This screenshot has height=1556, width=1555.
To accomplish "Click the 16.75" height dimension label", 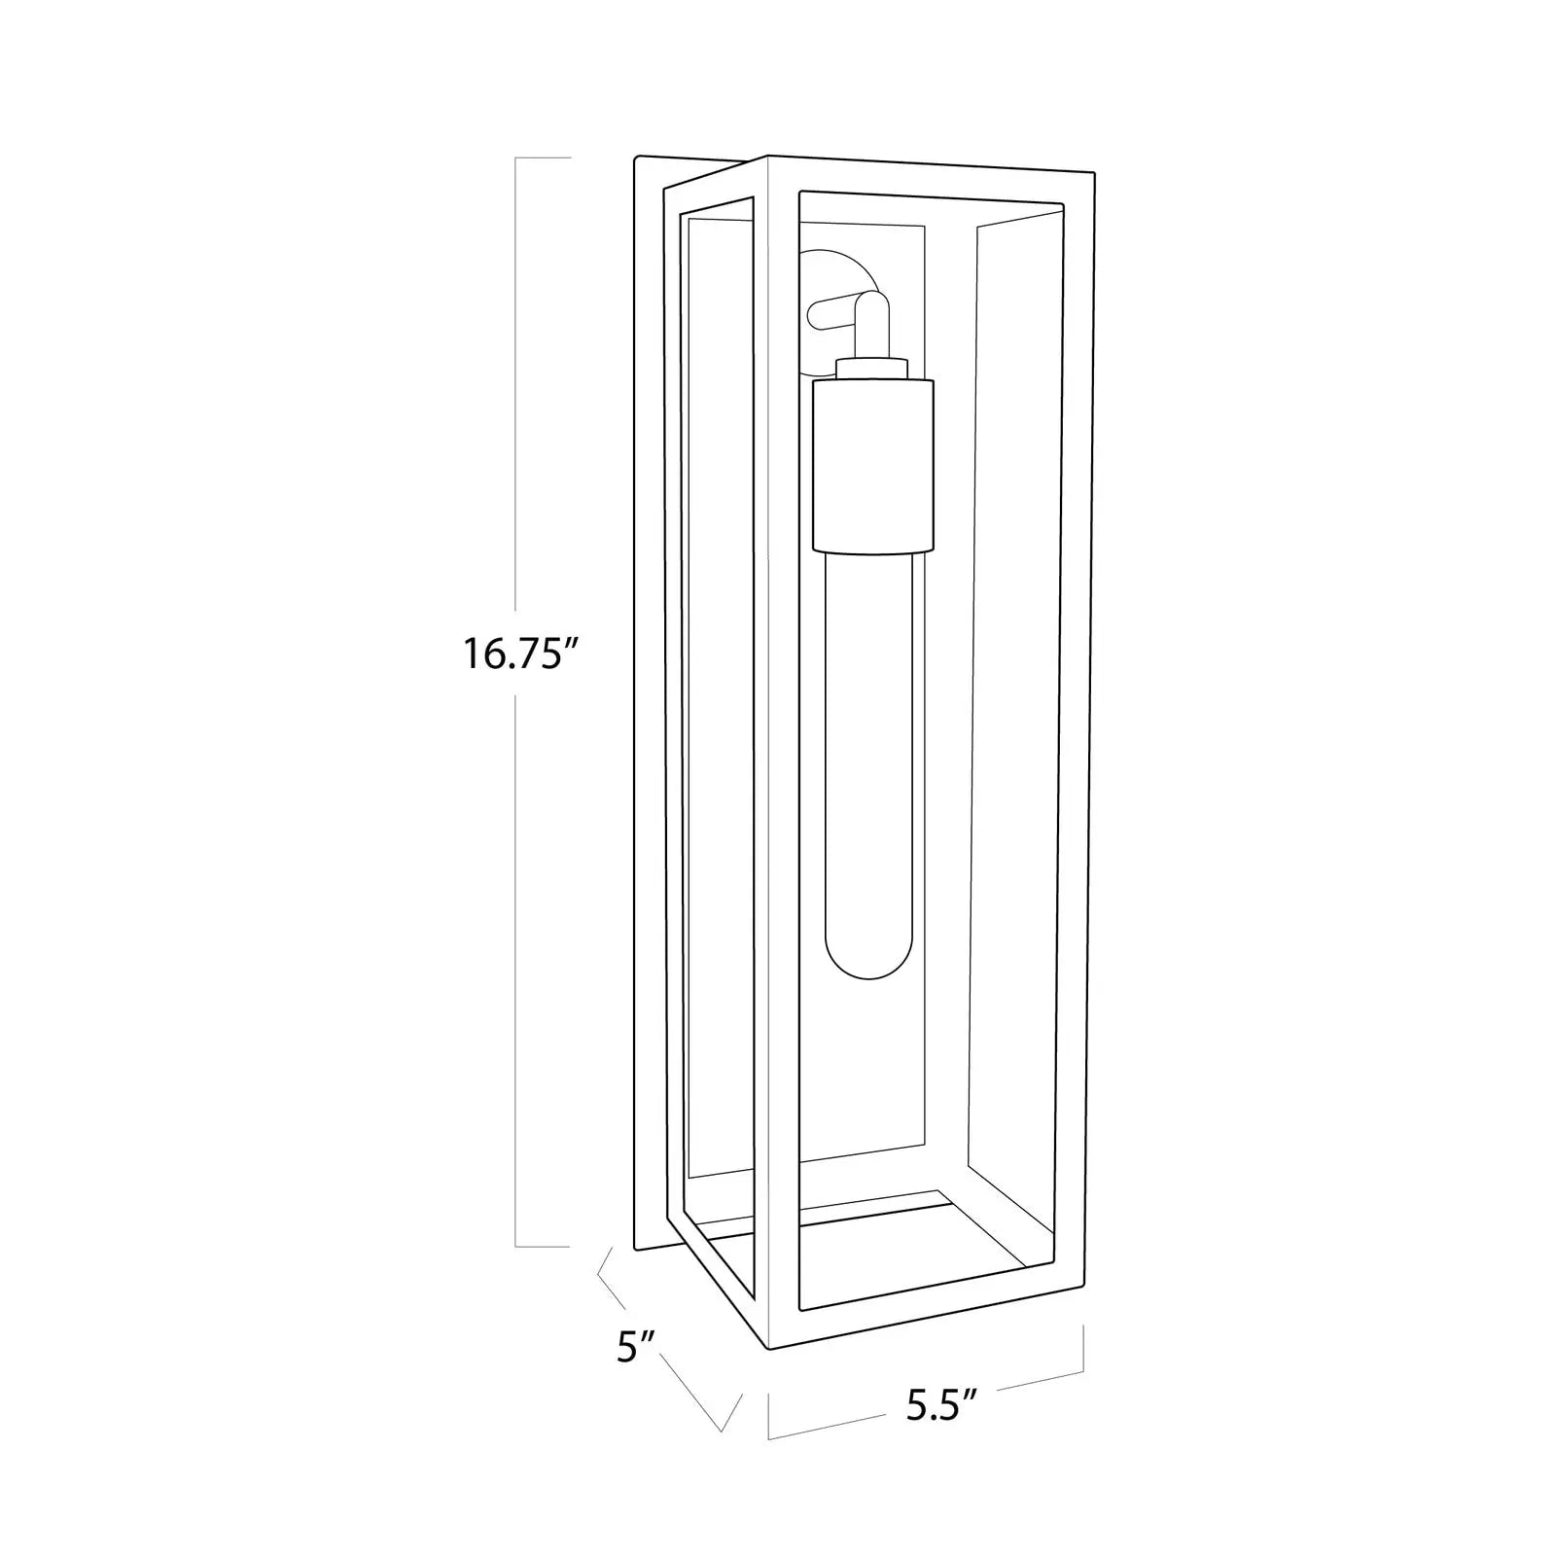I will pyautogui.click(x=513, y=653).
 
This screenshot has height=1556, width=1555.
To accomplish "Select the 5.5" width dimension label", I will pyautogui.click(x=941, y=1406).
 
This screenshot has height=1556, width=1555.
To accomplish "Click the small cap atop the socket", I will pyautogui.click(x=872, y=368).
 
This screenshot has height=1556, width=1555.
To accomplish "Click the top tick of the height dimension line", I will pyautogui.click(x=542, y=158).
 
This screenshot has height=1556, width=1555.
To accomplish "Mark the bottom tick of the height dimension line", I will pyautogui.click(x=542, y=1246).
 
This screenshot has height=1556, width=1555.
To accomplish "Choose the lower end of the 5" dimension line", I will pyautogui.click(x=722, y=1430).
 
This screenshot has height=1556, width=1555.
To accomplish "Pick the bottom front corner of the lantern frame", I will pyautogui.click(x=769, y=1349).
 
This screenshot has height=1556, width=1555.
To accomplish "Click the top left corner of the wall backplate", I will pyautogui.click(x=635, y=159).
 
